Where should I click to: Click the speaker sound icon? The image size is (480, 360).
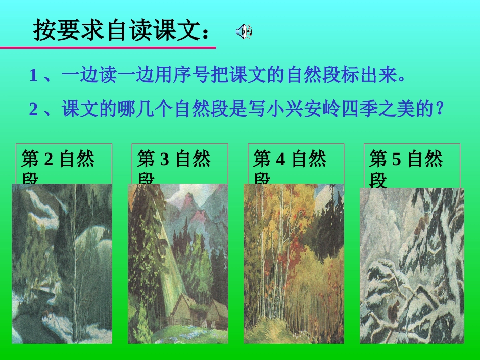(244, 32)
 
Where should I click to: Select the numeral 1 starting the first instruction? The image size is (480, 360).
(34, 76)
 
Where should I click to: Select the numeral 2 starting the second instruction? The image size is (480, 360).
(34, 109)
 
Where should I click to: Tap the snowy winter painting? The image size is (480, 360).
(412, 266)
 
